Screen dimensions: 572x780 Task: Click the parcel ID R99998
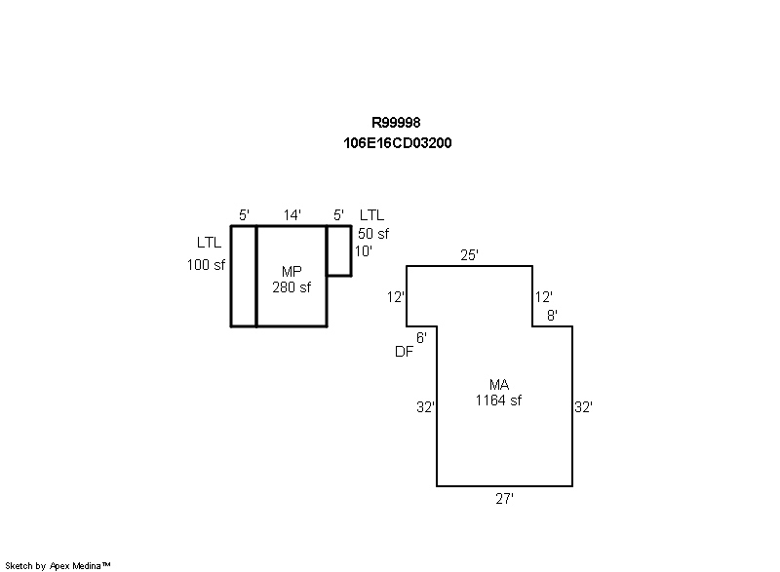tap(396, 123)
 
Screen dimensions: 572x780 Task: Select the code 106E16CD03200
tap(396, 142)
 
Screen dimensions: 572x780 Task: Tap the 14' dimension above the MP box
tap(292, 215)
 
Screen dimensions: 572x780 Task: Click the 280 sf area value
tap(292, 286)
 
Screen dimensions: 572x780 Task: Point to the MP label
tap(292, 271)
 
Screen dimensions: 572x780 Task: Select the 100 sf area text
tap(207, 264)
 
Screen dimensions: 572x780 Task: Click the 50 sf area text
tap(373, 234)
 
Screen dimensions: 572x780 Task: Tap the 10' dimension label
tap(364, 250)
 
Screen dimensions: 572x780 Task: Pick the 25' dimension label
tap(469, 255)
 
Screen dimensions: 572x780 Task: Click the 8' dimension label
tap(552, 315)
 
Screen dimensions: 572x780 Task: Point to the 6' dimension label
tap(421, 337)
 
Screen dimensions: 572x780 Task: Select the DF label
tap(404, 353)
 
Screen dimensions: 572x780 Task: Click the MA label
tap(499, 385)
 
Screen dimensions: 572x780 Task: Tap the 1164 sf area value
tap(499, 400)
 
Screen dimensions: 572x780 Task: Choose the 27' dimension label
tap(504, 498)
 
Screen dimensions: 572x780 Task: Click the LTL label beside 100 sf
tap(210, 243)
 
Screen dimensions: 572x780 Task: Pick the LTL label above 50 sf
tap(372, 215)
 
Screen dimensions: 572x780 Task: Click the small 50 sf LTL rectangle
tap(339, 250)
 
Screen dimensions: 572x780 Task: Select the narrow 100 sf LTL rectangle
tap(244, 276)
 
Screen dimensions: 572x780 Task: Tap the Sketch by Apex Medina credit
tap(58, 565)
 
